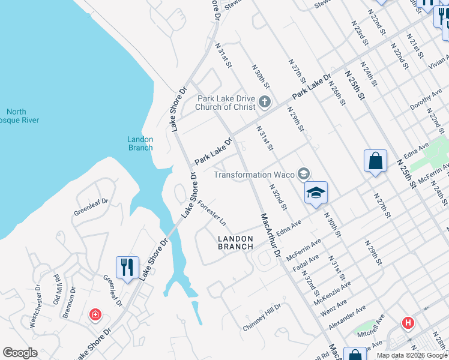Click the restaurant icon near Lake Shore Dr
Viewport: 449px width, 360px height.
pyautogui.click(x=127, y=267)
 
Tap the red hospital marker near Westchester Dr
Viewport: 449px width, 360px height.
pyautogui.click(x=95, y=314)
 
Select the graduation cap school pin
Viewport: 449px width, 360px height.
pyautogui.click(x=316, y=193)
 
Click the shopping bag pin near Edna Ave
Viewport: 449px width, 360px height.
pyautogui.click(x=375, y=161)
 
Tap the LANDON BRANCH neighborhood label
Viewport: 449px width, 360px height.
pyautogui.click(x=235, y=242)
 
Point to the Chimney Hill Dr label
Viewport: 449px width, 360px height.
pyautogui.click(x=262, y=317)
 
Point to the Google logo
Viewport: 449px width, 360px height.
pyautogui.click(x=20, y=353)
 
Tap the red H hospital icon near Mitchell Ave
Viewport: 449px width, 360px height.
pyautogui.click(x=409, y=323)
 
